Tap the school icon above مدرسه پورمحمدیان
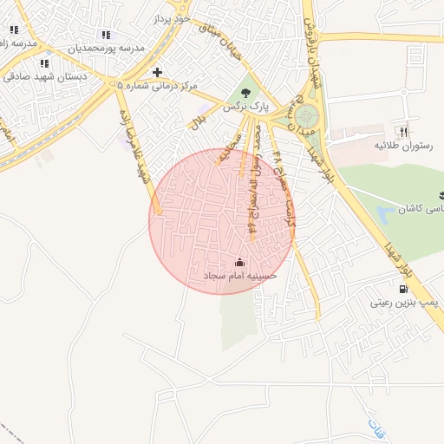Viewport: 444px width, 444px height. [106, 35]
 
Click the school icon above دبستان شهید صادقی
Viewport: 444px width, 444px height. [43, 63]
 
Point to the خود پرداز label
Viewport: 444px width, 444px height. [170, 17]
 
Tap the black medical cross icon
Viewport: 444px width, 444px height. [156, 72]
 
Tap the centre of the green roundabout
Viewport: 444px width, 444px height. [306, 115]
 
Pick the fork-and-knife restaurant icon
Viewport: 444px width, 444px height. [402, 132]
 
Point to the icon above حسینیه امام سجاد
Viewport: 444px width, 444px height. [239, 262]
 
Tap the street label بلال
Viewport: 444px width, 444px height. [200, 116]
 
